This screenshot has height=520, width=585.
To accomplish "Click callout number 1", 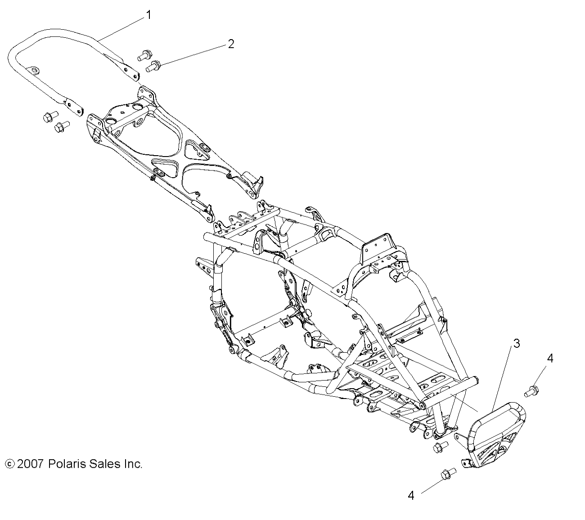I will [148, 15].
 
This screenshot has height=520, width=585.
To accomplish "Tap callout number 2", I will [231, 44].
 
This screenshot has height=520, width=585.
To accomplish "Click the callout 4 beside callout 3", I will [549, 358].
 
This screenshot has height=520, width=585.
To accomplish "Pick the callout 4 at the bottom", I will [410, 496].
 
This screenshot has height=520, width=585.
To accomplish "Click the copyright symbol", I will [9, 464].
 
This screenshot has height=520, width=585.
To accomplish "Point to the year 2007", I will [31, 464].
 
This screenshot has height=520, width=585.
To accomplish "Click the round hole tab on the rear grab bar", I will [33, 70].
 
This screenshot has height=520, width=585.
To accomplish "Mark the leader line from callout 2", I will [193, 55].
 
